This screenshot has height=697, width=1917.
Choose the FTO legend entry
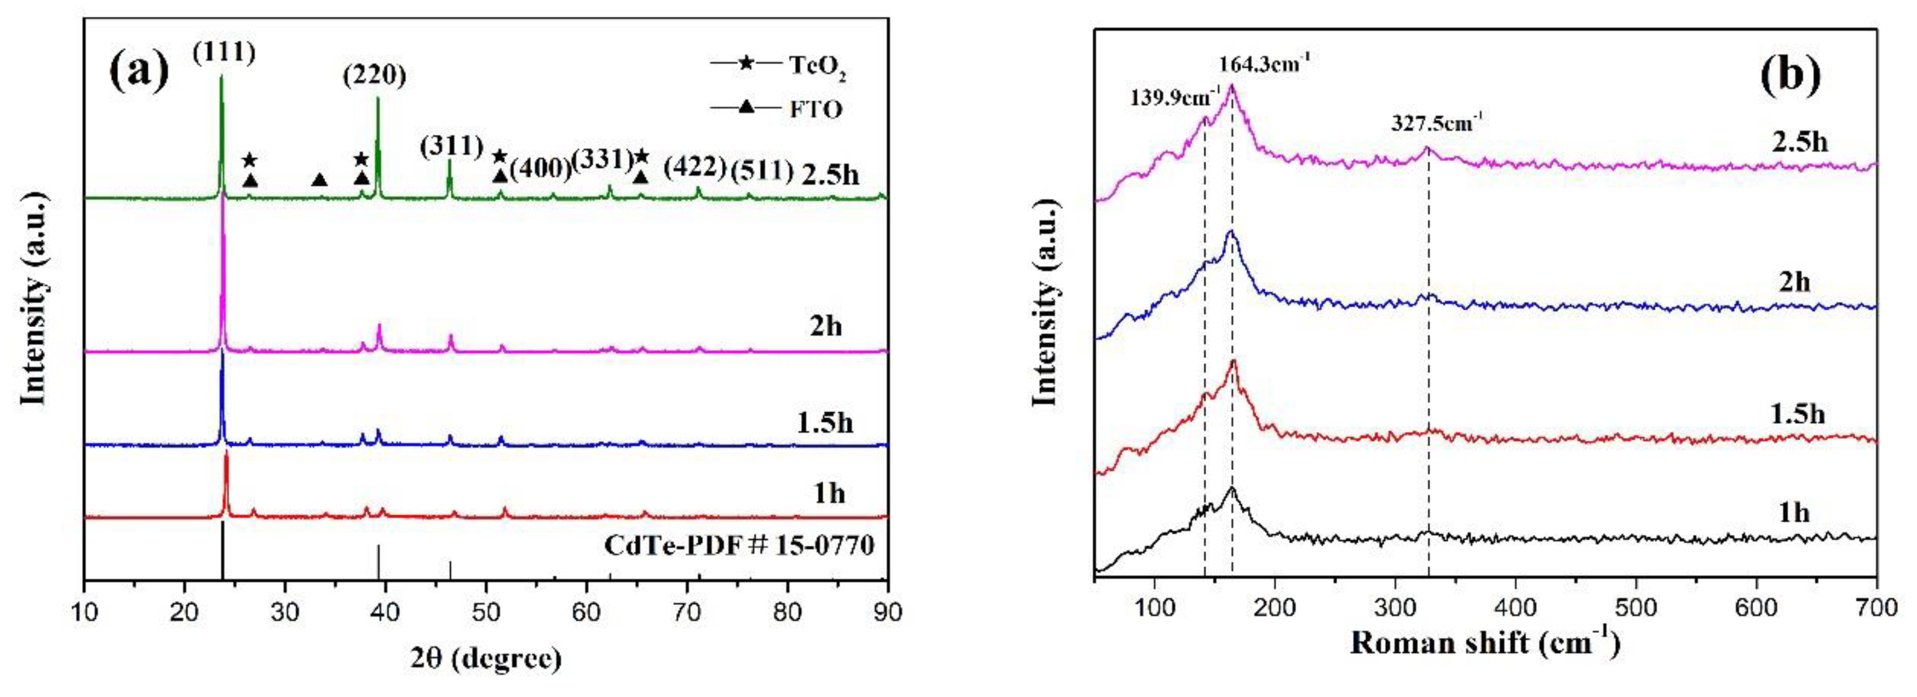(x=816, y=110)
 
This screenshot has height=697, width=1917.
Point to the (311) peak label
(x=452, y=146)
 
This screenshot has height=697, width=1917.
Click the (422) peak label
(x=694, y=167)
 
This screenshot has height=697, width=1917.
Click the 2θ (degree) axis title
(x=485, y=659)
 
